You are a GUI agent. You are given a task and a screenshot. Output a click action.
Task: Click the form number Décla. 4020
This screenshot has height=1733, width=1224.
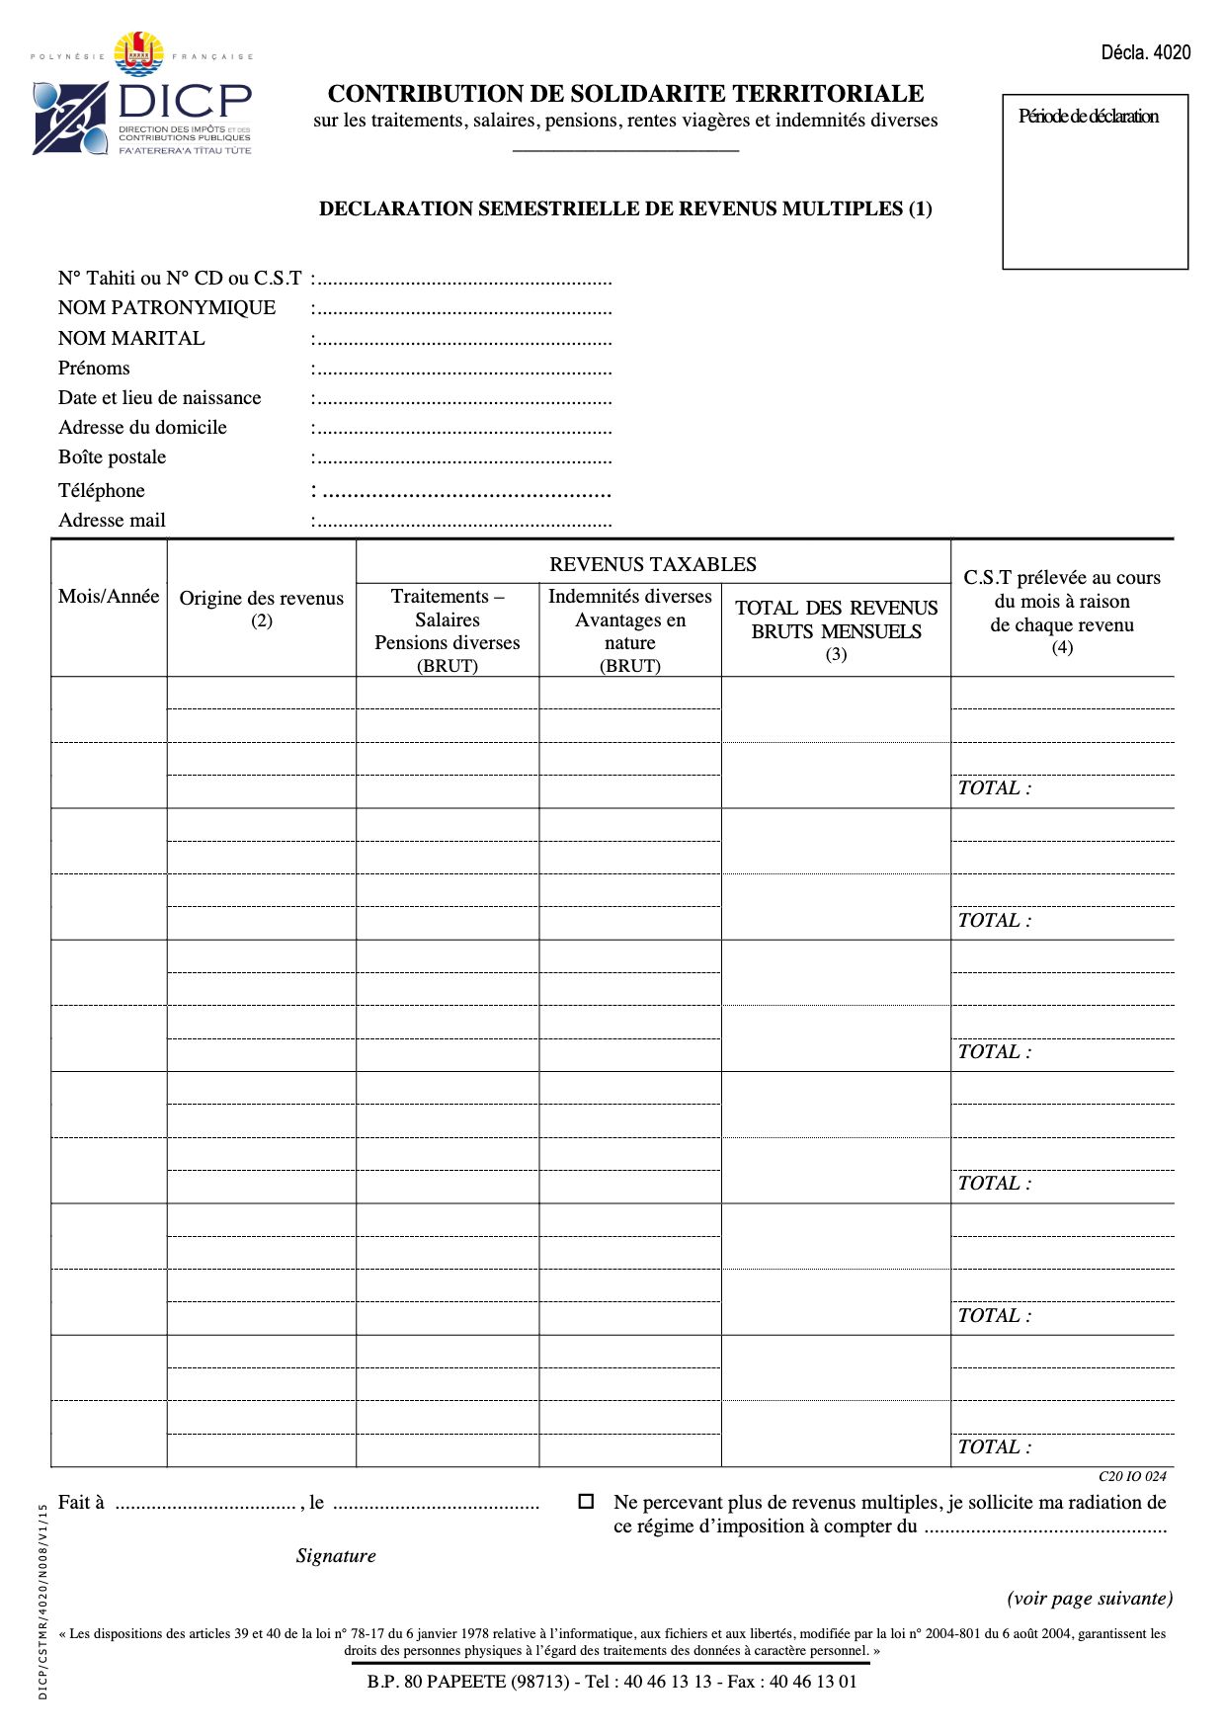pyautogui.click(x=1145, y=52)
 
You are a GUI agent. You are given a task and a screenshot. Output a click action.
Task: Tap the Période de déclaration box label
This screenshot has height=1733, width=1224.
pyautogui.click(x=1088, y=117)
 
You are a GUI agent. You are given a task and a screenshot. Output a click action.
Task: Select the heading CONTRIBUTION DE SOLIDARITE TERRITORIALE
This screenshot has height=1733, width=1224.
pyautogui.click(x=625, y=94)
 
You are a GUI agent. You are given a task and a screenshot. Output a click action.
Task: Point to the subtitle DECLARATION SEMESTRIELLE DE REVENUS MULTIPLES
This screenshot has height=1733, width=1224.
pyautogui.click(x=624, y=208)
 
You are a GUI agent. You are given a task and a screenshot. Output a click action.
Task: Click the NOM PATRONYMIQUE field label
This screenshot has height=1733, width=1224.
pyautogui.click(x=167, y=308)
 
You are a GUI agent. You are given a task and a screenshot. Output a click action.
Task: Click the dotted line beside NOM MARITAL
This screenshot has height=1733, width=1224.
pyautogui.click(x=462, y=340)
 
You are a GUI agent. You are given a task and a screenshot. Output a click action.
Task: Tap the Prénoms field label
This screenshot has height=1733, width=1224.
pyautogui.click(x=94, y=369)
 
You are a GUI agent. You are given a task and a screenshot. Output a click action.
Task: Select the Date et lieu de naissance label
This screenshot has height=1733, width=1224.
pyautogui.click(x=159, y=398)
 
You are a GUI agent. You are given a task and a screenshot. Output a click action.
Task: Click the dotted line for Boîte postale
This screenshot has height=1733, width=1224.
pyautogui.click(x=462, y=458)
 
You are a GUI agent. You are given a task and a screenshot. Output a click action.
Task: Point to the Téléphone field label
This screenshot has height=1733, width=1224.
pyautogui.click(x=101, y=491)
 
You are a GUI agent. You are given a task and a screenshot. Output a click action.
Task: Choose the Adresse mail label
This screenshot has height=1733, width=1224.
pyautogui.click(x=112, y=521)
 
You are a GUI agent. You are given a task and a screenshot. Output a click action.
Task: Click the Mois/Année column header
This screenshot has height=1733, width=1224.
pyautogui.click(x=109, y=597)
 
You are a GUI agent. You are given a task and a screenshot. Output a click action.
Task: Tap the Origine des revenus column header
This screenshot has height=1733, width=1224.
pyautogui.click(x=261, y=599)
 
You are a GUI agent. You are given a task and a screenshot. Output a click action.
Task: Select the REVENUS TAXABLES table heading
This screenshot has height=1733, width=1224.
pyautogui.click(x=652, y=564)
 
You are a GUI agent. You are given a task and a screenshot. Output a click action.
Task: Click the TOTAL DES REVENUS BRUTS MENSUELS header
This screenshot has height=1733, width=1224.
pyautogui.click(x=836, y=620)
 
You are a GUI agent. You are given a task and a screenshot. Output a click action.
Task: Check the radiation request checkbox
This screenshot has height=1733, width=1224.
pyautogui.click(x=586, y=1502)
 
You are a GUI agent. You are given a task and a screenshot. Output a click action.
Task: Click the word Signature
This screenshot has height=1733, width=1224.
pyautogui.click(x=336, y=1556)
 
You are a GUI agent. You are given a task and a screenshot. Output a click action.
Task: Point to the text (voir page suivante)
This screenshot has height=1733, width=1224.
pyautogui.click(x=1090, y=1599)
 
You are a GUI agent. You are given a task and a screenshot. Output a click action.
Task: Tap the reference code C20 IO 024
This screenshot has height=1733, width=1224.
pyautogui.click(x=1132, y=1476)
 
